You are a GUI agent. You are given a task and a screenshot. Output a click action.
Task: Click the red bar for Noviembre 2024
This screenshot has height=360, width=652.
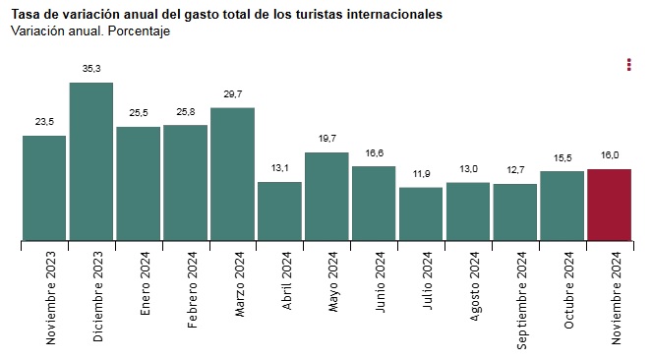[609, 205]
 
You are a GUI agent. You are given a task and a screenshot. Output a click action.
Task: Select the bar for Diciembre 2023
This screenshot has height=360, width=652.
[91, 161]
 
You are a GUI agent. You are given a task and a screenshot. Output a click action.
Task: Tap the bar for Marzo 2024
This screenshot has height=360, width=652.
[232, 174]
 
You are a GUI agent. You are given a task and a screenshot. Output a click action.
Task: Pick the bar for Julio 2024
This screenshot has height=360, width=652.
[421, 213]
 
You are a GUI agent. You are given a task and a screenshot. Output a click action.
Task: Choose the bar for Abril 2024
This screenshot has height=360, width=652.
[279, 211]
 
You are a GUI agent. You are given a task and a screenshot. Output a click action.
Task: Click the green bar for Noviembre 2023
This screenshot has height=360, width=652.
[44, 188]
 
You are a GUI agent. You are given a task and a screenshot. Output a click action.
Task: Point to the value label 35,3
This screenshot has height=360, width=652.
[91, 69]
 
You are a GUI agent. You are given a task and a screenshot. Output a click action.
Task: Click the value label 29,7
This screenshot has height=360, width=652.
[233, 94]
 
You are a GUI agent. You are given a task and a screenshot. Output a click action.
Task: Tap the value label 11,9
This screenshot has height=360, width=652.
[422, 174]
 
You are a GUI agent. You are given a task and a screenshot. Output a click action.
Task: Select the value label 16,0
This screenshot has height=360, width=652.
[610, 155]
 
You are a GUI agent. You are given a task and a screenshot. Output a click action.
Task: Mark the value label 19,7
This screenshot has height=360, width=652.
[327, 139]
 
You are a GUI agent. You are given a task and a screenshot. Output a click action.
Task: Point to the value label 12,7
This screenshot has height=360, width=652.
[515, 170]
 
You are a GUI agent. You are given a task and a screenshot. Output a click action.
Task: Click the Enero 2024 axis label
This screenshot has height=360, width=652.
[146, 283]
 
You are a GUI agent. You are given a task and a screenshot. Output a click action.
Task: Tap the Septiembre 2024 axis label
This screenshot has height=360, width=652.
[522, 300]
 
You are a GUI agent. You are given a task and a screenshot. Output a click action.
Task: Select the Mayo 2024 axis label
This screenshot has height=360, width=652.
[333, 282]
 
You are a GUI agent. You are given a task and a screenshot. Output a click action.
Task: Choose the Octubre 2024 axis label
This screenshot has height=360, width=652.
[568, 290]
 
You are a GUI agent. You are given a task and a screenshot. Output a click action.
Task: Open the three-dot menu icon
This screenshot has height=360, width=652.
[629, 65]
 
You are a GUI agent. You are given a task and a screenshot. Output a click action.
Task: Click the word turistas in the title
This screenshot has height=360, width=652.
[320, 15]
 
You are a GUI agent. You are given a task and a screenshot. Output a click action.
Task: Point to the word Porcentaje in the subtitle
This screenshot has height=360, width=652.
[139, 31]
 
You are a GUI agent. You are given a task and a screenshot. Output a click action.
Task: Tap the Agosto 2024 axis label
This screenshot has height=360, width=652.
[475, 286]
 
